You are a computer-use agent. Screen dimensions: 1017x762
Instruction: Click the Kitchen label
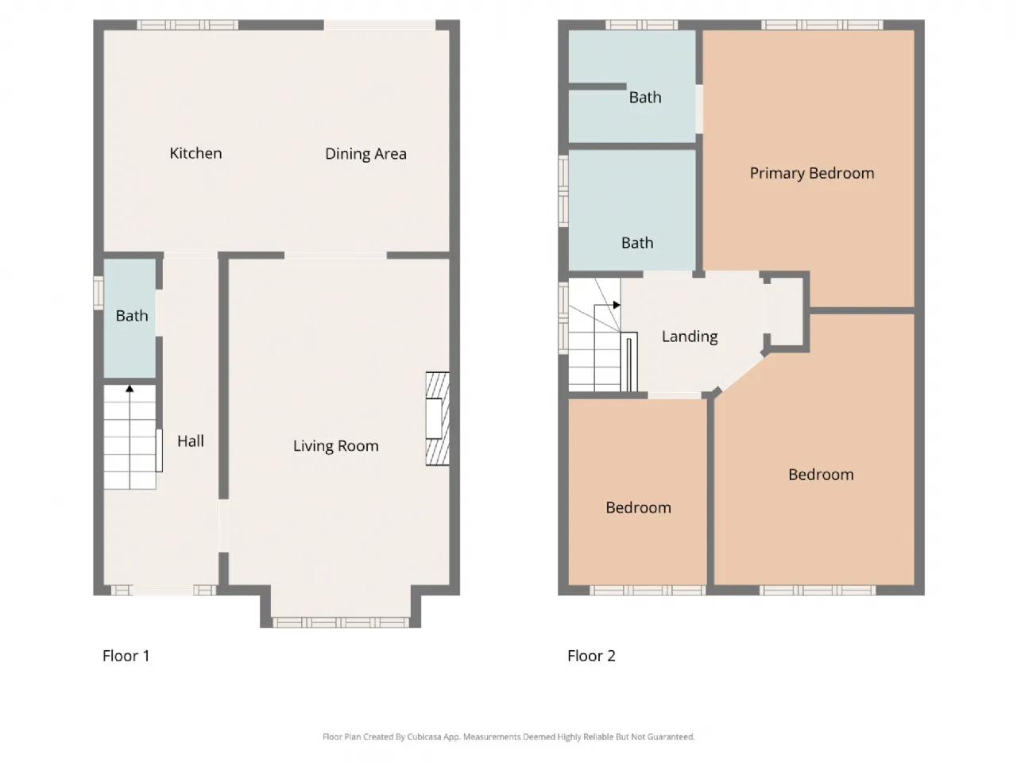coord(195,153)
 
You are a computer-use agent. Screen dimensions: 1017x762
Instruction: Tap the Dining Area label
coord(365,154)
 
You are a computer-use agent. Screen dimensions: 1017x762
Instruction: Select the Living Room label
coord(336,445)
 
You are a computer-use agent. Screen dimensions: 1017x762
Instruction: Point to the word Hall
coord(191,441)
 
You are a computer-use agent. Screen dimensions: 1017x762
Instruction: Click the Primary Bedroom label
coord(812,173)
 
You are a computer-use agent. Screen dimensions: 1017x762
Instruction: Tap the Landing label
coord(690,337)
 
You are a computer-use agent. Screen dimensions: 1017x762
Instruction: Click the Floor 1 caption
coord(126,656)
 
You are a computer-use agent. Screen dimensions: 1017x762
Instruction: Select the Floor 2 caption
coord(591,656)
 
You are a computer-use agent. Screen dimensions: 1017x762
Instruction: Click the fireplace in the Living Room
coord(437,418)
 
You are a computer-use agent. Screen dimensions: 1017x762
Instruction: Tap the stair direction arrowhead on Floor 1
coord(130,389)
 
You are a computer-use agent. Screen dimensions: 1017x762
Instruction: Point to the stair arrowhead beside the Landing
coord(617,305)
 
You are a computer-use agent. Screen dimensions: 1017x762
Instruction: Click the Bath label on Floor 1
coord(132,316)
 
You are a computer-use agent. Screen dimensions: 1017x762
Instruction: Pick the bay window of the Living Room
coord(341,622)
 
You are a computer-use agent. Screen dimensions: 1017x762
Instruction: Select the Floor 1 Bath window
coord(99,293)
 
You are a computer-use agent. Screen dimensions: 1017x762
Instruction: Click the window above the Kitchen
coord(188,25)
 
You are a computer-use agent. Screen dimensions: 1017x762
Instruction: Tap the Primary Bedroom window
coord(822,25)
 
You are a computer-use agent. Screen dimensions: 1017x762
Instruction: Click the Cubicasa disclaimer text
coord(508,737)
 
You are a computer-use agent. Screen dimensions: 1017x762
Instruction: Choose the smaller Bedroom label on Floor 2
coord(638,507)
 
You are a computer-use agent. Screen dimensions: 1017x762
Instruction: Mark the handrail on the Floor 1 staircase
coord(159,451)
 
